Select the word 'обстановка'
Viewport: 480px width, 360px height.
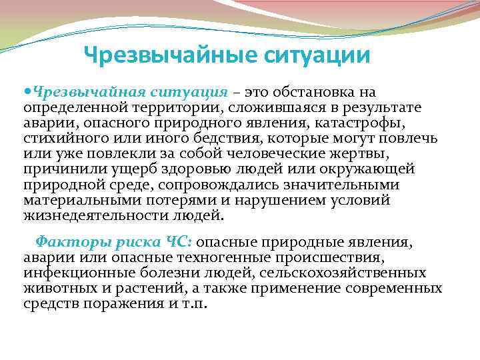point(306,91)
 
